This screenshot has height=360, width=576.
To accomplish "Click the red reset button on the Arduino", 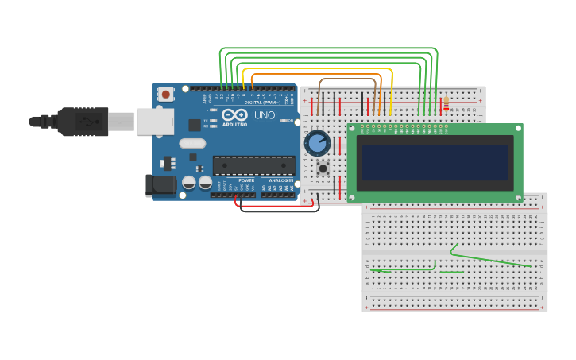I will point(165,94).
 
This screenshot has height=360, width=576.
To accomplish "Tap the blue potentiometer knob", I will point(317,143).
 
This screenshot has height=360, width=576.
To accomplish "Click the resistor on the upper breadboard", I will point(446,104).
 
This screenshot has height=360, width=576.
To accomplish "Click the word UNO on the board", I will point(265,115).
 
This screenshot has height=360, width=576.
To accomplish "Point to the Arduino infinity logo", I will point(234,115).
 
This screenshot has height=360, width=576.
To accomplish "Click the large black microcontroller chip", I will point(253,165).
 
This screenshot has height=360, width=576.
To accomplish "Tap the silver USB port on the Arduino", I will point(155,122).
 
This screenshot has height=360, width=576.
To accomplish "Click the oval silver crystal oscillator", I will point(192,144).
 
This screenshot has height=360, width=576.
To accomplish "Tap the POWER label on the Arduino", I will point(246,180).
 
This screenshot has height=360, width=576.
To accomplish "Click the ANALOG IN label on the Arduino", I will point(280,180).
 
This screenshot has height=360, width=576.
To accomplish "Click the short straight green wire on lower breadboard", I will point(451,273).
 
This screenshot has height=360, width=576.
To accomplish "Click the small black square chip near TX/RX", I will point(194,125).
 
